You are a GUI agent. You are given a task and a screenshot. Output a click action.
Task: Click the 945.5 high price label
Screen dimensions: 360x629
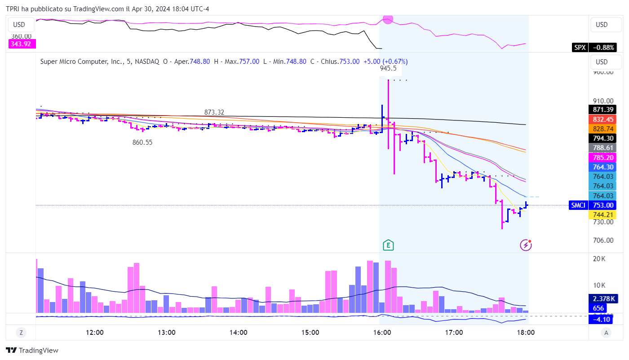coord(388,68)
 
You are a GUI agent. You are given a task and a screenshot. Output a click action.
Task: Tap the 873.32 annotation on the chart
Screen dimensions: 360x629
coord(214,112)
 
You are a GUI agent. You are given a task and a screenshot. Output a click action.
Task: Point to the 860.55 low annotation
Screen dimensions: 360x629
coord(142,142)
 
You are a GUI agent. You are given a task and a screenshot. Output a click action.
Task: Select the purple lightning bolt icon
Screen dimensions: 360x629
coord(526,245)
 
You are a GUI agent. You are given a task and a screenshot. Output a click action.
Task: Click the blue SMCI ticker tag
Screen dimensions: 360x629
coord(578,205)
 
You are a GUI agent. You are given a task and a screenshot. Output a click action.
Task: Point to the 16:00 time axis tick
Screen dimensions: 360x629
coord(382,333)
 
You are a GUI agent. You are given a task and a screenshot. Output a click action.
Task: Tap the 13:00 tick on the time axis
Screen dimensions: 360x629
coord(166,333)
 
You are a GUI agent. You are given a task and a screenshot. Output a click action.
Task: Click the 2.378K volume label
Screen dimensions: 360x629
coord(603,299)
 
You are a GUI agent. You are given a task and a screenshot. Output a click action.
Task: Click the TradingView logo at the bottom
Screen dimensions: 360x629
coord(32,350)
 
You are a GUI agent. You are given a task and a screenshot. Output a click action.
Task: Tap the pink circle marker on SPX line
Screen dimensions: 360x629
coord(388,19)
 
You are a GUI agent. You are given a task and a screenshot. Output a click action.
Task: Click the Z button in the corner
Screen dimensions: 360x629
coord(21,333)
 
